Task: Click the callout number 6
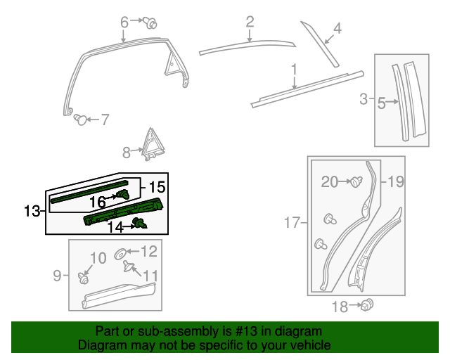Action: point(124,22)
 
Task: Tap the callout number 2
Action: point(250,23)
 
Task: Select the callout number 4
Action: point(337,29)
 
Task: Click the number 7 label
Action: point(105,120)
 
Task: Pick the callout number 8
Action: point(127,151)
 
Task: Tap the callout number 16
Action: point(97,202)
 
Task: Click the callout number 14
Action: point(115,226)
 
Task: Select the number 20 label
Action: point(330,182)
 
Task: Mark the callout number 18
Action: point(340,307)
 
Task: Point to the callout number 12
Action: point(149,251)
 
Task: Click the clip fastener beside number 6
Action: point(150,22)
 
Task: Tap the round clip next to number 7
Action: point(81,120)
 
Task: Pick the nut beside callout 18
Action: point(366,305)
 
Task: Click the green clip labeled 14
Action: point(142,224)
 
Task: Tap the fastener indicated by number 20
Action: point(356,182)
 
